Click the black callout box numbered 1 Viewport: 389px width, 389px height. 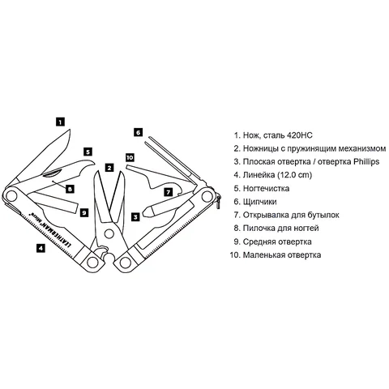[x=60, y=122]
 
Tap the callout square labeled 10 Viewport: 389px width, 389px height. [x=130, y=157]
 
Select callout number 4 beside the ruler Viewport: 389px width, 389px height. [x=41, y=248]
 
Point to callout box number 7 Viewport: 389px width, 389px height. [x=169, y=192]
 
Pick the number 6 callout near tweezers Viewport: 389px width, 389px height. [x=138, y=132]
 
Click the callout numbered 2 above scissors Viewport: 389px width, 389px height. [x=109, y=168]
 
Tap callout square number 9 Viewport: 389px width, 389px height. [x=84, y=212]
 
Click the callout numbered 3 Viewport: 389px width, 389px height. [x=135, y=216]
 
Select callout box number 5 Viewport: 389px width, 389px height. [x=88, y=152]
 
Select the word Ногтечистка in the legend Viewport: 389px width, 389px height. [x=266, y=188]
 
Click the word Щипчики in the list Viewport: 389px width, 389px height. [x=259, y=202]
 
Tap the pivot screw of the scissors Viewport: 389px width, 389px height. [x=109, y=233]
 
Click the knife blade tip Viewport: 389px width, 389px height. [x=70, y=130]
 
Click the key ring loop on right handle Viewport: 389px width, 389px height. [x=218, y=201]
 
